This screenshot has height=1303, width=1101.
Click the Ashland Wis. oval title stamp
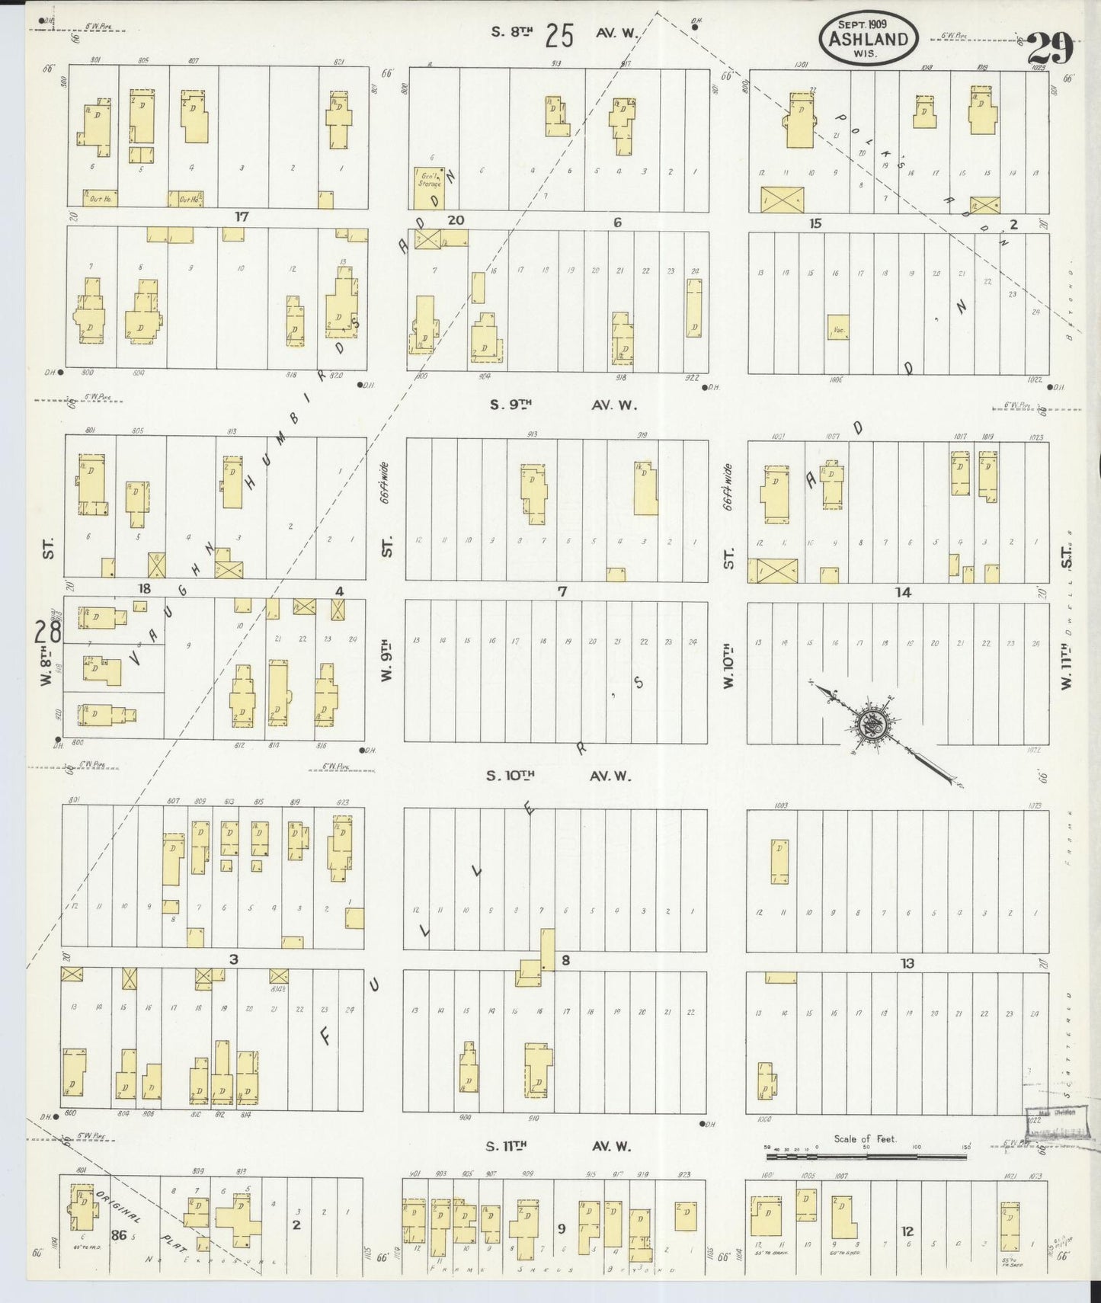pos(869,37)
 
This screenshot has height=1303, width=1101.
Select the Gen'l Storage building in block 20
pos(429,187)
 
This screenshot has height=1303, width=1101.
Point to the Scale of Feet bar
pos(866,1155)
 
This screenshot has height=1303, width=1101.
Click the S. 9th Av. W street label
pos(562,405)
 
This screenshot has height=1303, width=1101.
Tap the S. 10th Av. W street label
pos(560,776)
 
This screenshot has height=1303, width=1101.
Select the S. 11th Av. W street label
pos(560,1146)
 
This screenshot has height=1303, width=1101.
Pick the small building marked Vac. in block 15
pos(838,327)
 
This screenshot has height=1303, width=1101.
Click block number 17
pos(242,217)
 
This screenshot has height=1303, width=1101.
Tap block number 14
pos(903,592)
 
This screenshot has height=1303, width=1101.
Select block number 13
pos(907,963)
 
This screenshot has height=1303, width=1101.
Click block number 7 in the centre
pos(562,591)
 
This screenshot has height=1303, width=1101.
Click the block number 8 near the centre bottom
pos(565,960)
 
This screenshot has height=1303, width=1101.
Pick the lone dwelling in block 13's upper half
pos(779,861)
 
